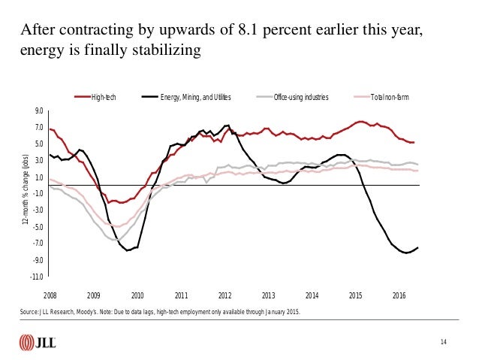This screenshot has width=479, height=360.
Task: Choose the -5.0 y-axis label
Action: (38, 226)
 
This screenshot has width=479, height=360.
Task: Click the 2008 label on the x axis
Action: (50, 295)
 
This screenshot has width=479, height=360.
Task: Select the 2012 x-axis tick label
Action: (224, 295)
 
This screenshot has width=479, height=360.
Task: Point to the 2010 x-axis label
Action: (137, 295)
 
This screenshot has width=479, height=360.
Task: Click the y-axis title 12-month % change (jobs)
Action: (25, 192)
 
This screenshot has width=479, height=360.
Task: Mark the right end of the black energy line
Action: (418, 248)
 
